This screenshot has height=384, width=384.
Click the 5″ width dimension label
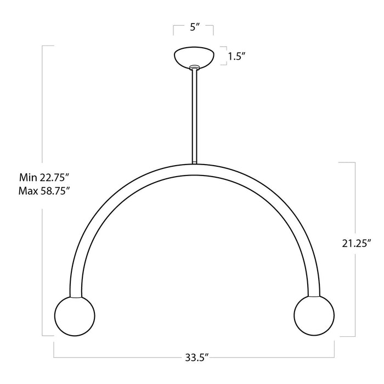coord(193,27)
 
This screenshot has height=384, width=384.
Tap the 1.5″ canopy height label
coord(236,55)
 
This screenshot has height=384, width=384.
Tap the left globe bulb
coord(75,317)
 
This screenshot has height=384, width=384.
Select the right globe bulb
coord(313,317)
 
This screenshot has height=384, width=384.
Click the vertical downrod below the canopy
coord(194,115)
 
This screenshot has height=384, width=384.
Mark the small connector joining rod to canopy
coord(193,68)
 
